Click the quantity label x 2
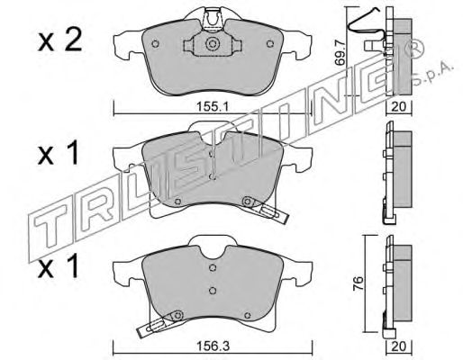pos(59,40)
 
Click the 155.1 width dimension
pos(213,106)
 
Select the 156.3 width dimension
pos(213,346)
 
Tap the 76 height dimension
pos(359,283)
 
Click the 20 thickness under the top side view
pos(399,106)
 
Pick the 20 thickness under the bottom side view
pos(399,346)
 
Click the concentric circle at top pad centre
pos(212,44)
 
